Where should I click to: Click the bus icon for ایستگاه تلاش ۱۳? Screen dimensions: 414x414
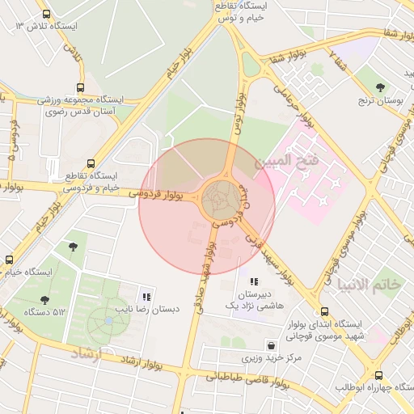coord(46,14)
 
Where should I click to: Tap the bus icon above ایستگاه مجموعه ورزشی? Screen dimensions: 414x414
coord(79,87)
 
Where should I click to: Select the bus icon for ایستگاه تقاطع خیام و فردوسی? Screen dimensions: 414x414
coord(90,163)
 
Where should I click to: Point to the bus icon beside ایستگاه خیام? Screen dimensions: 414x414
coord(9,260)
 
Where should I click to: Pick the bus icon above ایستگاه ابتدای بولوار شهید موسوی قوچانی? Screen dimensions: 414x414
coord(324,311)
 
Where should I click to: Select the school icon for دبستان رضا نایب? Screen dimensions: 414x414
coord(146,297)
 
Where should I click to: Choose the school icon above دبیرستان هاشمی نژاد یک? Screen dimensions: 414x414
coord(254,281)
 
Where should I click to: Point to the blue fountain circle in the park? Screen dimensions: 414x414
coord(108,321)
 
